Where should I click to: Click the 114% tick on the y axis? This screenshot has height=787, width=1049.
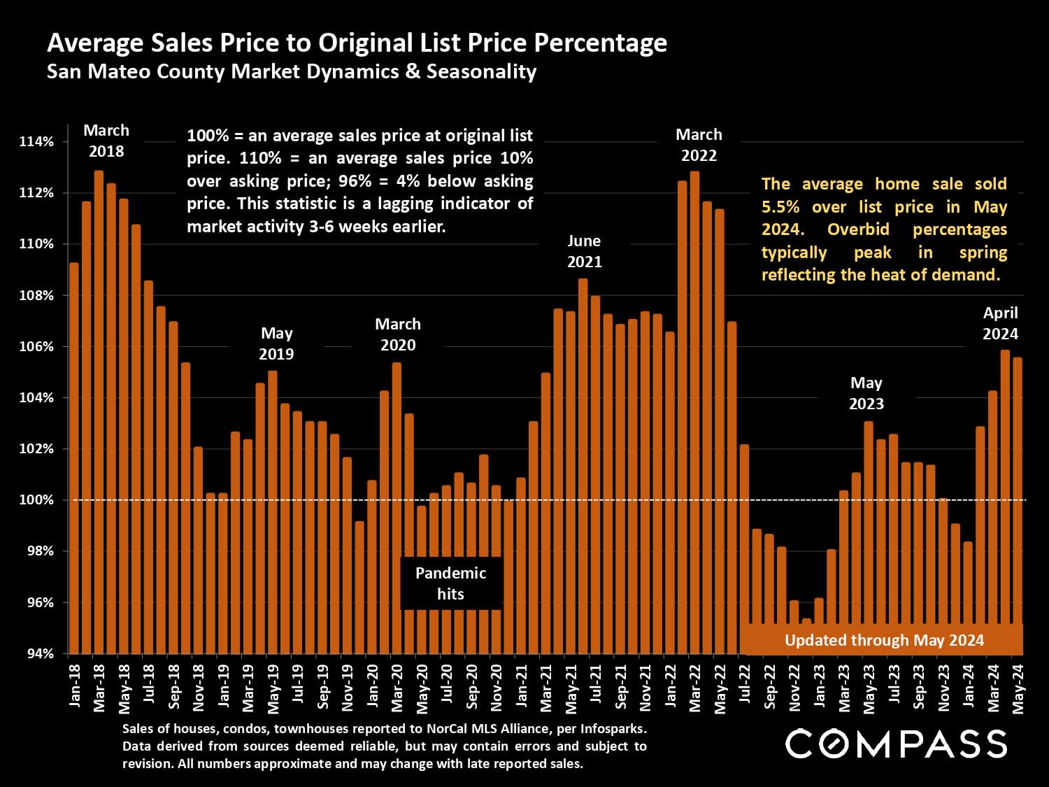click(36, 142)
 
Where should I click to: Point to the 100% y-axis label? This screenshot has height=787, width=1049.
click(36, 500)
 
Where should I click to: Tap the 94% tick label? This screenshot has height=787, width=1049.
click(38, 653)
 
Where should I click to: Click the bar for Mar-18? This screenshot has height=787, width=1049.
click(99, 413)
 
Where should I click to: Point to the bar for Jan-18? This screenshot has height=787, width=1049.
click(74, 458)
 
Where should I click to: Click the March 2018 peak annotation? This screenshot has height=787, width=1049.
click(106, 141)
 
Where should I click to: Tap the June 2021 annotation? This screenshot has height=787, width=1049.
click(584, 251)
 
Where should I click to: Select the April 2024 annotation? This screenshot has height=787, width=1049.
click(1000, 323)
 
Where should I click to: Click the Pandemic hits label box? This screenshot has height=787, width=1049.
click(450, 583)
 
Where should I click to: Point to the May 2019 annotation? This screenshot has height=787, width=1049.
click(276, 343)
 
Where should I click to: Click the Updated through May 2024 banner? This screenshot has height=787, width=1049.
click(884, 640)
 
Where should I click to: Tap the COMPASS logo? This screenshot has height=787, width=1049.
click(896, 744)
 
